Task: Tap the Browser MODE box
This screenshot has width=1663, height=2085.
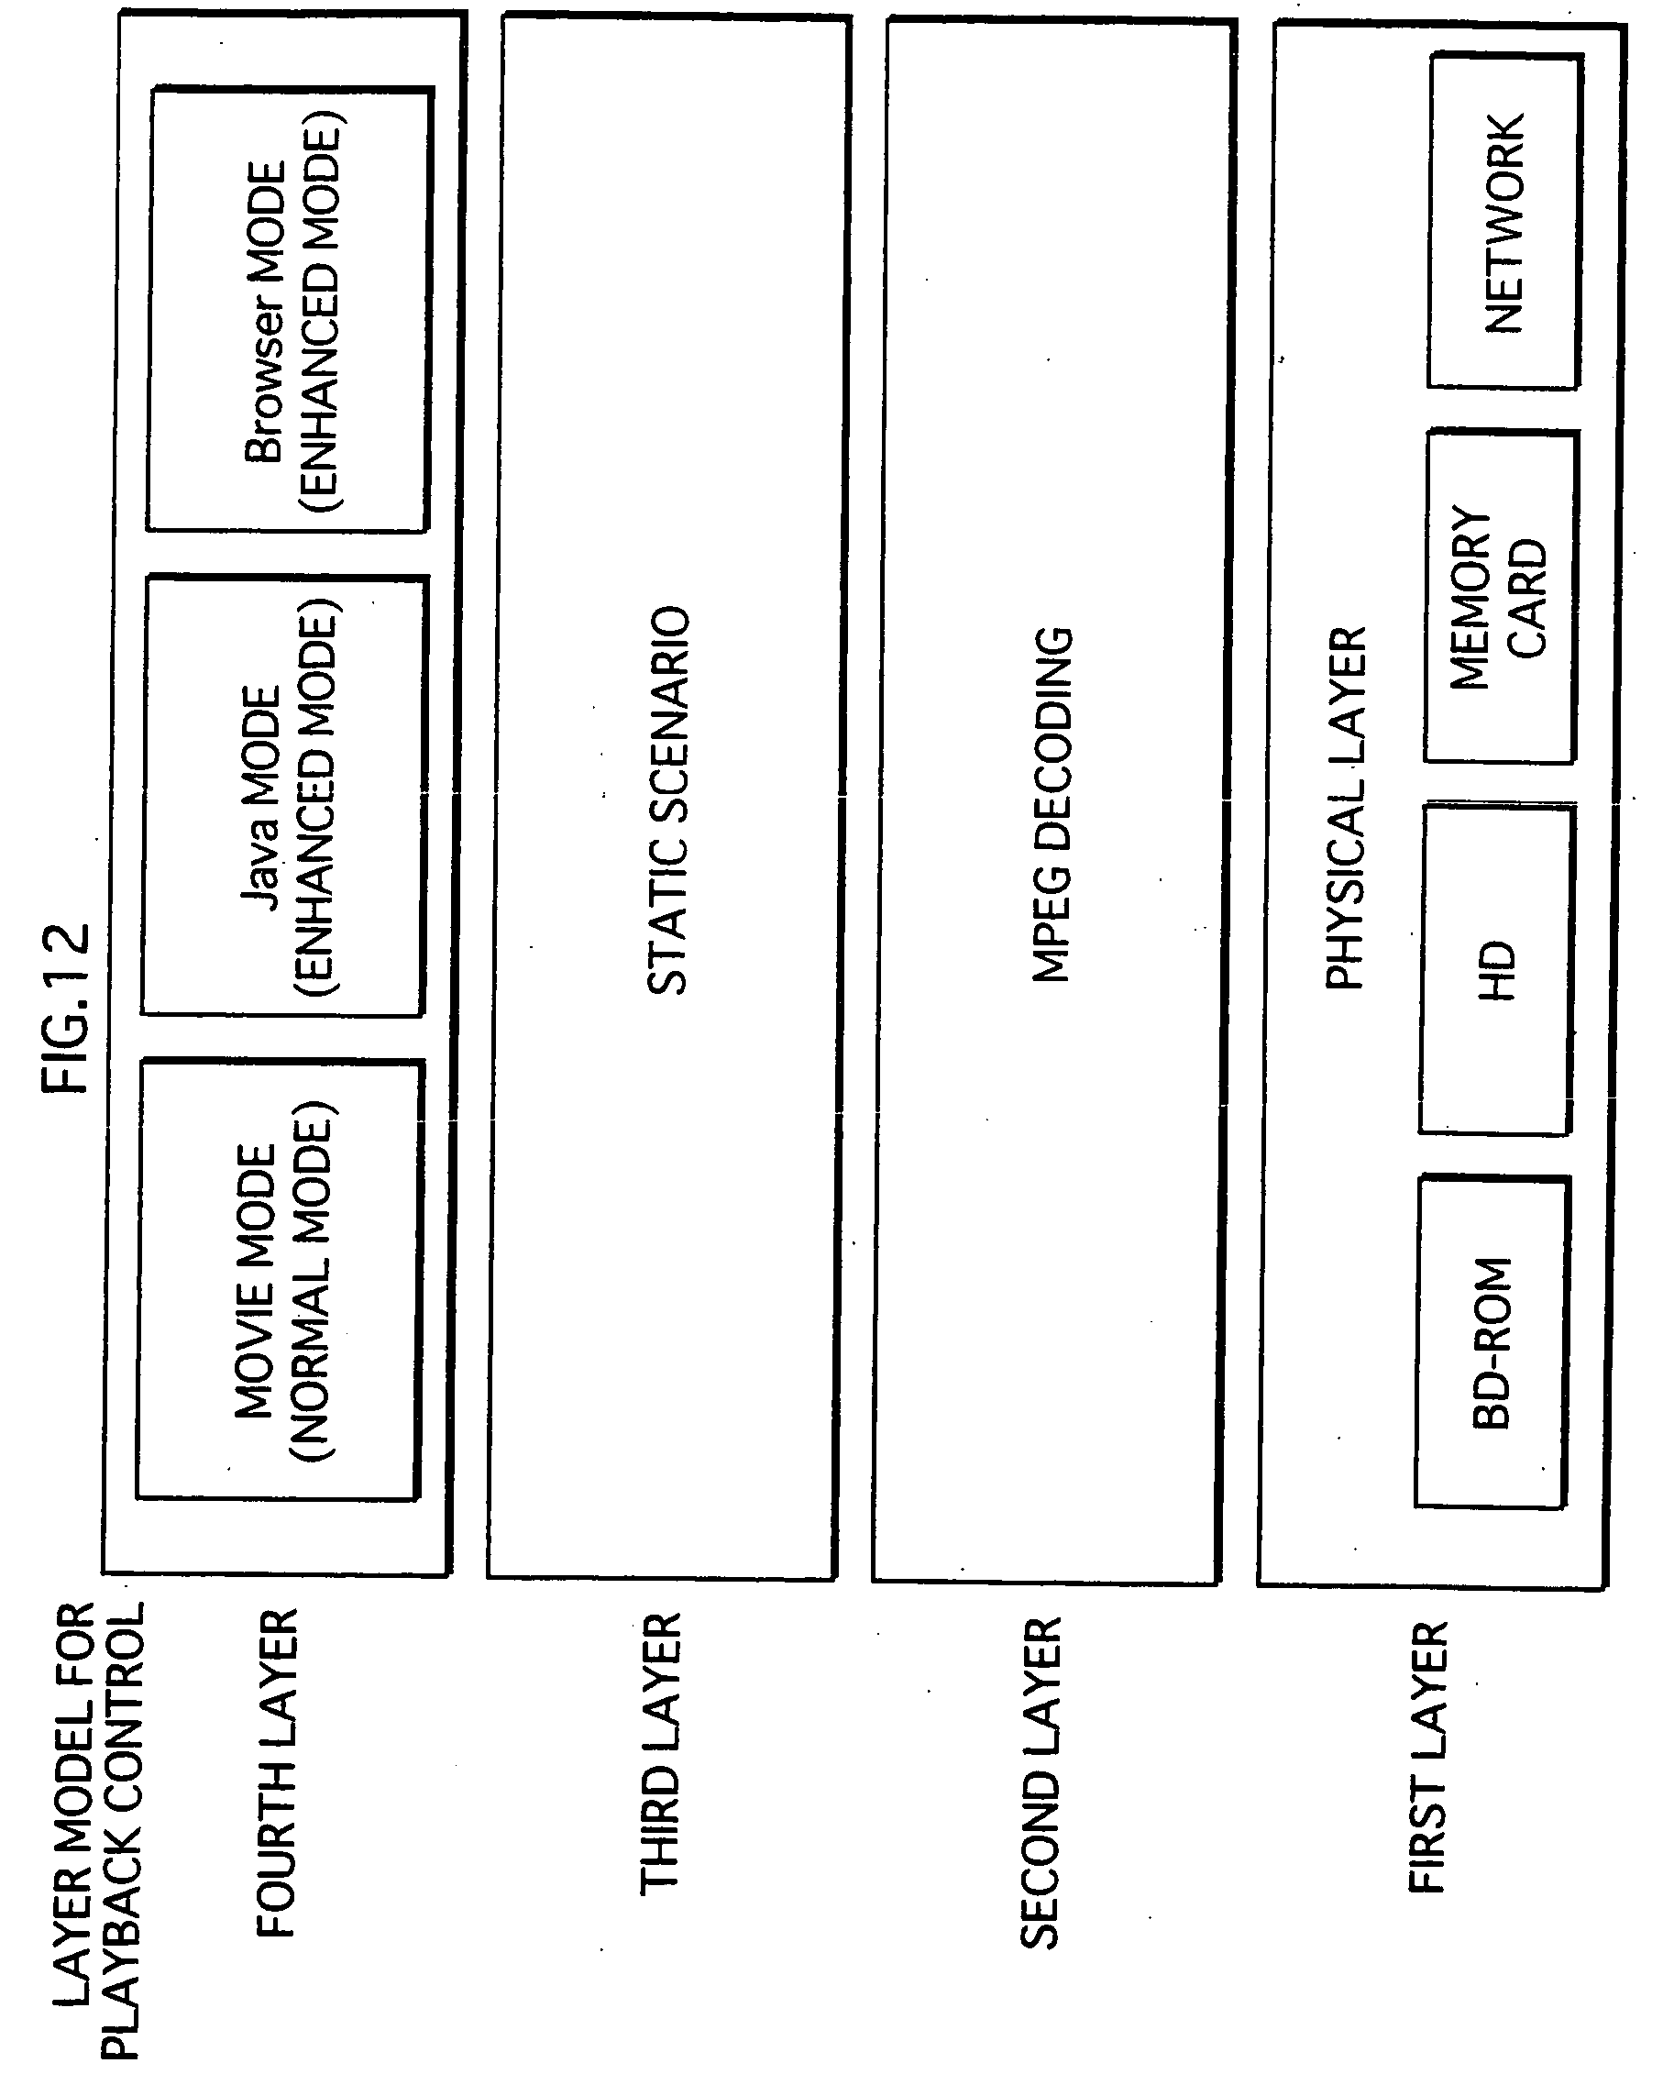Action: (288, 310)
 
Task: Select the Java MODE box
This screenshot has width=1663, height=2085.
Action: (284, 797)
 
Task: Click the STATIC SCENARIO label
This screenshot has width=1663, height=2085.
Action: (667, 799)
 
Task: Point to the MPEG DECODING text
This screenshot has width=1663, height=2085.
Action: (1051, 805)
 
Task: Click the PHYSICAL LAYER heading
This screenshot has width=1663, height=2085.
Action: (1345, 807)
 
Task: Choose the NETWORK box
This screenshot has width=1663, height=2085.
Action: (1504, 224)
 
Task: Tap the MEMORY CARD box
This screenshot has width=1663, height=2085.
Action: (1500, 597)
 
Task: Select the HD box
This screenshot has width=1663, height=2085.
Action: (1494, 970)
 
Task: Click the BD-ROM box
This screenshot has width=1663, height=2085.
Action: (1491, 1342)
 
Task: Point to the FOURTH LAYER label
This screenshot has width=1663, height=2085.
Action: (275, 1773)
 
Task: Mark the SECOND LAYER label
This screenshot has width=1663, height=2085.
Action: (1041, 1783)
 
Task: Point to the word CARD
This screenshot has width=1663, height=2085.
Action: (1527, 600)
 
